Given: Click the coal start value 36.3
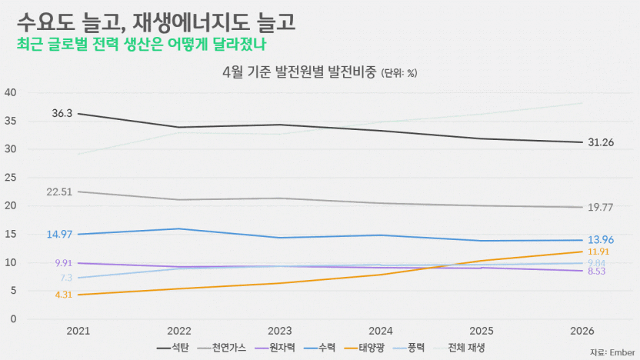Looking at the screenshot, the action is point(62,114).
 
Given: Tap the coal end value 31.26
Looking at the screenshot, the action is point(601,142).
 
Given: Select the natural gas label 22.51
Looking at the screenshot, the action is point(59,192).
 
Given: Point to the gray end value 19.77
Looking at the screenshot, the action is point(601,208).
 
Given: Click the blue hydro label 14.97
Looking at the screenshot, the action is point(59,235).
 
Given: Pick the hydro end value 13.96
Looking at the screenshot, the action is point(601,240).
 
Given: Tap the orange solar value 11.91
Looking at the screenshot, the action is point(598,252).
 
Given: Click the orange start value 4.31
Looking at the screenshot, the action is point(64,295).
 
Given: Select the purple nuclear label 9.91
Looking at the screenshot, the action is point(64,263).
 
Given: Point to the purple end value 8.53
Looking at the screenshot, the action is point(596,271).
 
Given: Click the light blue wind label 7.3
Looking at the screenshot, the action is point(66,278).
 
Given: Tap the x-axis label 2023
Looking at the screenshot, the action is point(279,331).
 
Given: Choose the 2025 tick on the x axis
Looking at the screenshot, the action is point(482,331).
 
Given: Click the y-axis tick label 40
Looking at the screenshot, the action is point(11,92).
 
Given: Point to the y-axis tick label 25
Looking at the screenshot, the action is point(11,178).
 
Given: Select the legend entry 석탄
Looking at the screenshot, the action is point(173,348).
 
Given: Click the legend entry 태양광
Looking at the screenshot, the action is point(364,348).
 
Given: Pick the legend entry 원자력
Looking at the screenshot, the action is point(275,348).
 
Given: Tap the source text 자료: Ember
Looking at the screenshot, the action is point(612,352).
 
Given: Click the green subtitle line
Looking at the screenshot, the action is point(142,44).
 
